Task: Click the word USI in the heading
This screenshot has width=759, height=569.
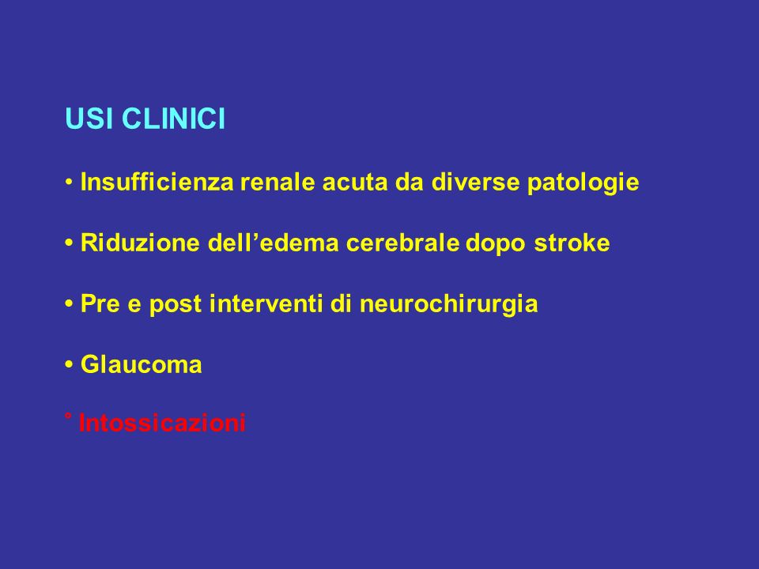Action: click(x=89, y=119)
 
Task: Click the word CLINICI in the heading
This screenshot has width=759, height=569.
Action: click(x=173, y=119)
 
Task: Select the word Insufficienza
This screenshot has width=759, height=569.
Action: click(x=157, y=182)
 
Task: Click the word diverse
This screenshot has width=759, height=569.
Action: click(x=475, y=182)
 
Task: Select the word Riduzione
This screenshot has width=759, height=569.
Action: click(x=140, y=243)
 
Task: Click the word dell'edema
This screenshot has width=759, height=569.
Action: click(x=273, y=243)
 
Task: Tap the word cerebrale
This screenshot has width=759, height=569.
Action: click(x=402, y=243)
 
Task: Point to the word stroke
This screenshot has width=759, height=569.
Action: click(x=572, y=243)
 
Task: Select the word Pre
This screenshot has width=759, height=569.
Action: click(x=100, y=303)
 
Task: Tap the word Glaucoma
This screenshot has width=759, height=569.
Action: click(x=141, y=364)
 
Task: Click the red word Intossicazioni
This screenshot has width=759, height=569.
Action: click(x=161, y=422)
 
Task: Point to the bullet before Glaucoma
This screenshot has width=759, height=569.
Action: click(x=69, y=364)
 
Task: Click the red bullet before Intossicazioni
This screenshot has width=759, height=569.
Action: click(x=68, y=416)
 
